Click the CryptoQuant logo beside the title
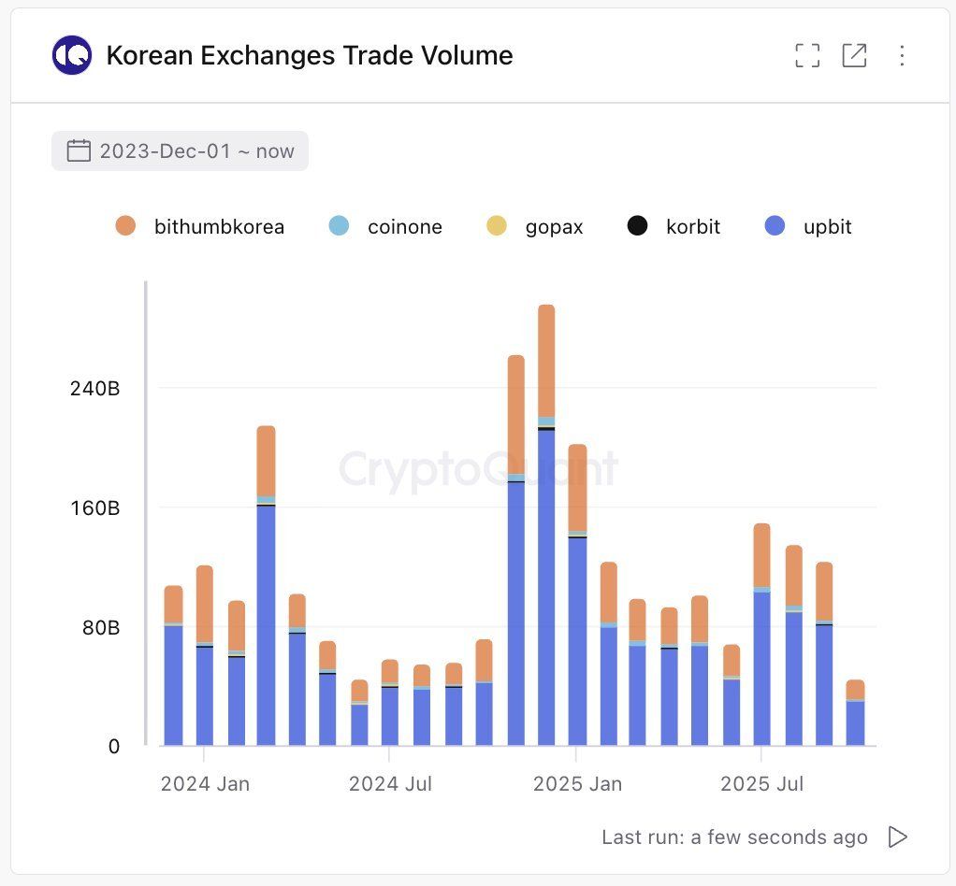click(x=72, y=55)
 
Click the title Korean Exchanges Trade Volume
click(x=309, y=56)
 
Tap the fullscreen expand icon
click(x=806, y=56)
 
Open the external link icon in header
click(x=854, y=56)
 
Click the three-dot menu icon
click(x=902, y=56)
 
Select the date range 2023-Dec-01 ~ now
click(x=180, y=151)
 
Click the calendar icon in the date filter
click(x=80, y=151)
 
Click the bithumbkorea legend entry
click(x=199, y=226)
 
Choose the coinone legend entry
click(x=386, y=226)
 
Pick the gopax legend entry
click(x=535, y=226)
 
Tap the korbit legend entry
click(x=674, y=226)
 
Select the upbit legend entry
click(x=808, y=226)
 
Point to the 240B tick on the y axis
click(x=94, y=389)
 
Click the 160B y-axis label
click(x=94, y=508)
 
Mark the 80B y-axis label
click(x=100, y=627)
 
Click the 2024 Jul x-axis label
click(x=390, y=783)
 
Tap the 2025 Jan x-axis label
click(x=577, y=783)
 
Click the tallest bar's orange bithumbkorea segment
click(x=546, y=360)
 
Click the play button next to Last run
click(x=897, y=836)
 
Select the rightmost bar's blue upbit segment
click(x=855, y=722)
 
